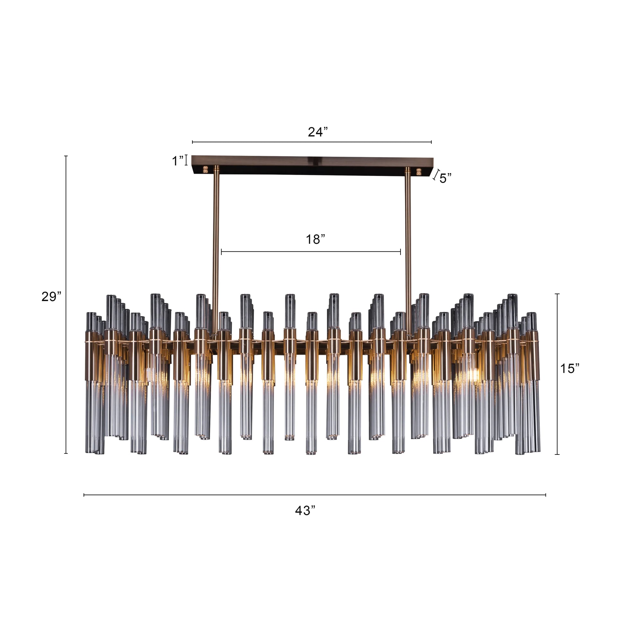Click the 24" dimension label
[317, 132]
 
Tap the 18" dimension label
[315, 239]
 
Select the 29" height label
[51, 297]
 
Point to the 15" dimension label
[569, 368]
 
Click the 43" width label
[305, 510]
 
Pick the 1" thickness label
[178, 161]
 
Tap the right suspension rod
[408, 246]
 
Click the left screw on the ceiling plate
[205, 170]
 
